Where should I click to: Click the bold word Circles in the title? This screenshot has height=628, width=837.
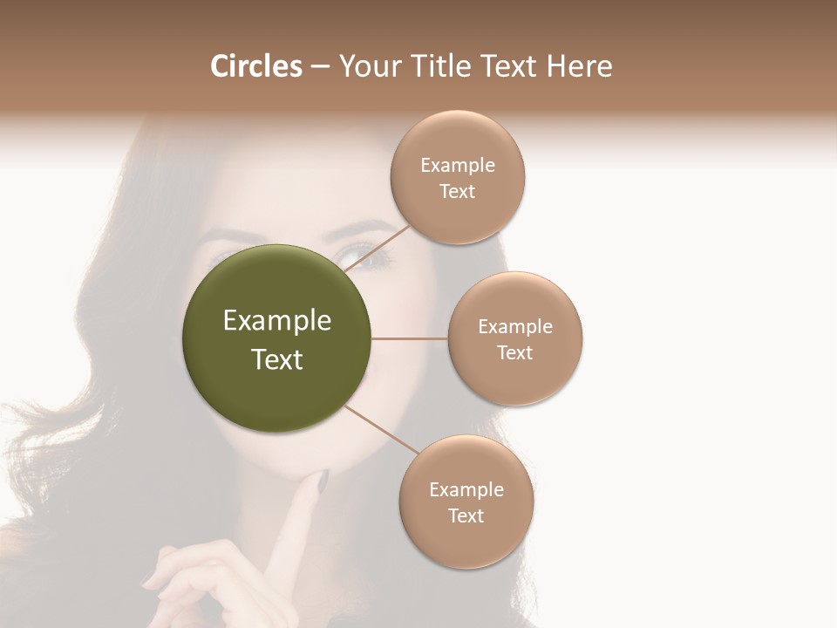pyautogui.click(x=256, y=66)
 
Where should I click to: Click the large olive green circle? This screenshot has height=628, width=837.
pyautogui.click(x=276, y=338)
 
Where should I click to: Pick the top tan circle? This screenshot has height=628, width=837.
pyautogui.click(x=458, y=178)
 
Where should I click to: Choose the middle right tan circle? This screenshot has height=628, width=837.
pyautogui.click(x=515, y=339)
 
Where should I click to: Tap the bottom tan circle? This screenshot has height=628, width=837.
pyautogui.click(x=466, y=502)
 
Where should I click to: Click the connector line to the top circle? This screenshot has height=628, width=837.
pyautogui.click(x=377, y=248)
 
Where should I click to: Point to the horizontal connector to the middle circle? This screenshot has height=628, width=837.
pyautogui.click(x=410, y=338)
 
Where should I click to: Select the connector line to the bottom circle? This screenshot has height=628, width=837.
pyautogui.click(x=382, y=431)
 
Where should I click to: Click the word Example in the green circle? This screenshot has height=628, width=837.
pyautogui.click(x=277, y=321)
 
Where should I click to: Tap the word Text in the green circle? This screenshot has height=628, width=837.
pyautogui.click(x=277, y=359)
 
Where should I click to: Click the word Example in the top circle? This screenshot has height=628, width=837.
pyautogui.click(x=458, y=166)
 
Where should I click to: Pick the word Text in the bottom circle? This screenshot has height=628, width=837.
pyautogui.click(x=466, y=516)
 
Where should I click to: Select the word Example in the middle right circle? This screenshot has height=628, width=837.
pyautogui.click(x=515, y=327)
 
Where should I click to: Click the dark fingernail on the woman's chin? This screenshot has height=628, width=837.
pyautogui.click(x=321, y=479)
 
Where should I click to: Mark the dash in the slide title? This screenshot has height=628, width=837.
pyautogui.click(x=319, y=66)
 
